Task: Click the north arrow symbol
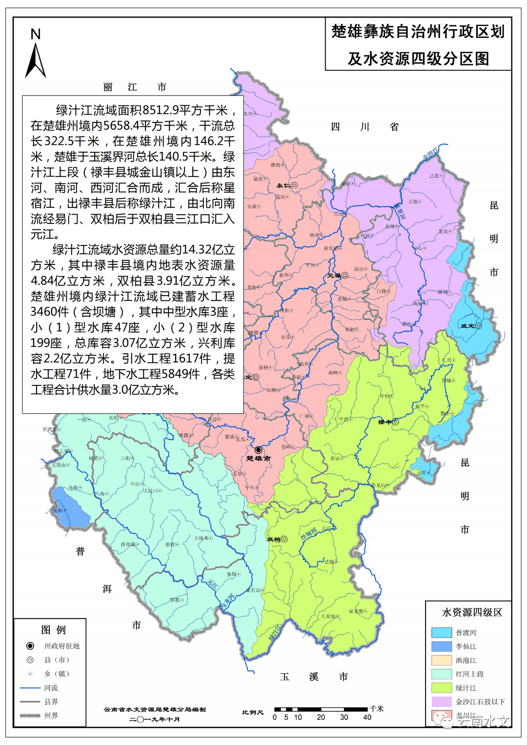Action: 35,60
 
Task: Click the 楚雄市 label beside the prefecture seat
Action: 258,459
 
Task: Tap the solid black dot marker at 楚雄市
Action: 258,450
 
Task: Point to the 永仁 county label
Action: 283,185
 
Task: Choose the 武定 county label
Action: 467,325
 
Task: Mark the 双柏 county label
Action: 273,539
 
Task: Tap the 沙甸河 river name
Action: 308,533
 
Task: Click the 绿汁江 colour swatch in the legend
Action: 442,688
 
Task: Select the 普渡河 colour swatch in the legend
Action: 442,633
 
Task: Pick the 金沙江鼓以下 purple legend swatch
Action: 442,702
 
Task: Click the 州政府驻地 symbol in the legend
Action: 30,646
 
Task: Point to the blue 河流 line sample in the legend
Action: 30,688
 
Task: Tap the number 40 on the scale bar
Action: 367,717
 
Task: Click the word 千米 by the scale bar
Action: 376,708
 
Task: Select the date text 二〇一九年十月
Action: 155,719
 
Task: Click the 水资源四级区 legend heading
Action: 472,612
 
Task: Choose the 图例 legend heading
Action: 53,630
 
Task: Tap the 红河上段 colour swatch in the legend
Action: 442,674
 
